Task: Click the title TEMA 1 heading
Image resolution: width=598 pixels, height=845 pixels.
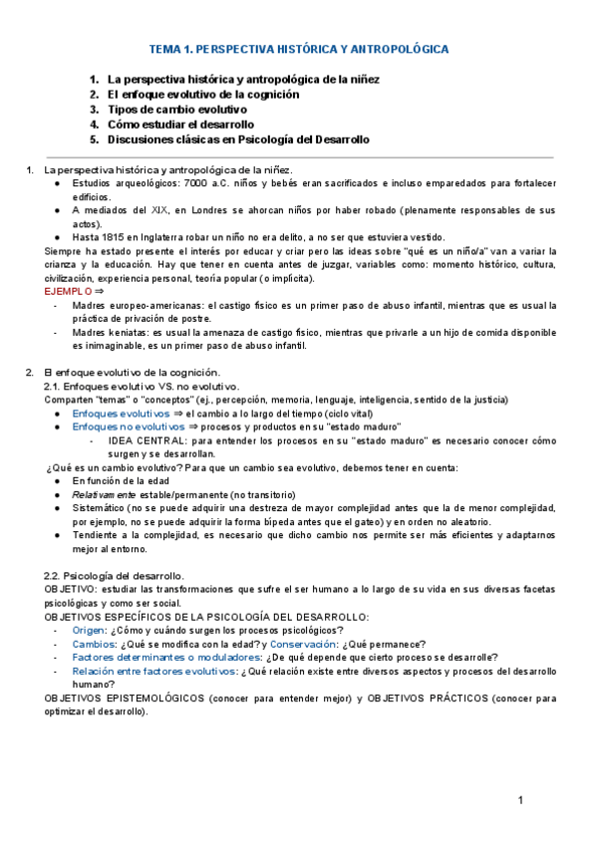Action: click(x=298, y=48)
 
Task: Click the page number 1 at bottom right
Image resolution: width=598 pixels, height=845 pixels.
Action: click(x=520, y=801)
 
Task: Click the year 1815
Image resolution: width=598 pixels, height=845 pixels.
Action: click(x=112, y=237)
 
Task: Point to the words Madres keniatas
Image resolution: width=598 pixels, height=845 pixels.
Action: click(x=110, y=332)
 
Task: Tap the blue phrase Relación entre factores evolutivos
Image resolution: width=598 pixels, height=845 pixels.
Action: click(x=154, y=672)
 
